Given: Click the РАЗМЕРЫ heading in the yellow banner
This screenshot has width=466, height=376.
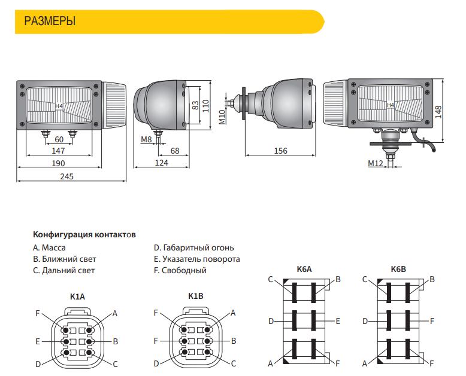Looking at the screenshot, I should tap(50, 22).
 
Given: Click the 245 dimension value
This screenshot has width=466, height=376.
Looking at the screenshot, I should tap(66, 176).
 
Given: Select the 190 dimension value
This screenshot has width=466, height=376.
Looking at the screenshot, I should tap(58, 163).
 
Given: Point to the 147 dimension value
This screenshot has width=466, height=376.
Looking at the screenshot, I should tap(58, 151).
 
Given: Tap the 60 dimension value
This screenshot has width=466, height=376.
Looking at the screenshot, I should tap(59, 139).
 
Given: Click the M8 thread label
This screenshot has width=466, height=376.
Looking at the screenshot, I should tap(146, 139).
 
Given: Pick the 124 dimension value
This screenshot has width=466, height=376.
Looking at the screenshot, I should tap(161, 163).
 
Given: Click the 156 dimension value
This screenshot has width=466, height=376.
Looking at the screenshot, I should tap(280, 151).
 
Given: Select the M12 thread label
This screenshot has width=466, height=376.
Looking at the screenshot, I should tap(376, 163).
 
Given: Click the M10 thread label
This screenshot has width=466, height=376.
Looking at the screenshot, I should tap(222, 117).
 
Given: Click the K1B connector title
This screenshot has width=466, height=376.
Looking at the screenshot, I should tap(195, 296).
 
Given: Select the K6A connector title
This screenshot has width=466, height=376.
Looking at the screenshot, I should tap(304, 270).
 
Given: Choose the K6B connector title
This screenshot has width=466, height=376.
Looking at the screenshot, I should tap(398, 270).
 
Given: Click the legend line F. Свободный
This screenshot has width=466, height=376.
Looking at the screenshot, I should tap(180, 271).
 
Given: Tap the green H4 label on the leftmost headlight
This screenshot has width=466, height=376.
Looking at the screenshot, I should tap(59, 106).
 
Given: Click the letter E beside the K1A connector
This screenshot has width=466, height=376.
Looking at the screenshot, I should tap(38, 341).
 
